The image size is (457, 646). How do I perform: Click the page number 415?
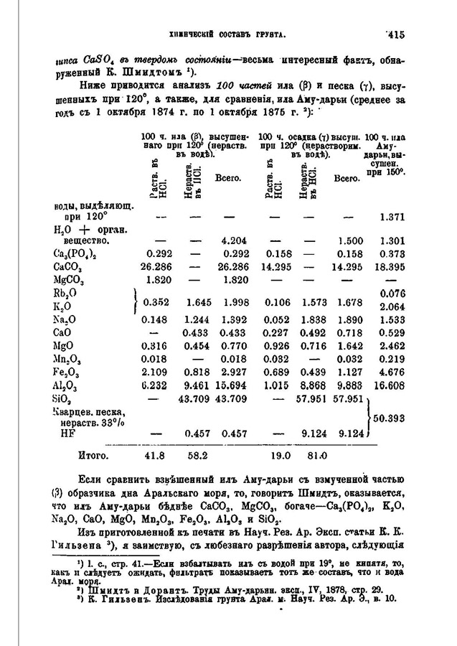tap(395, 33)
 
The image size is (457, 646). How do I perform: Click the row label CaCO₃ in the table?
tap(66, 266)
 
